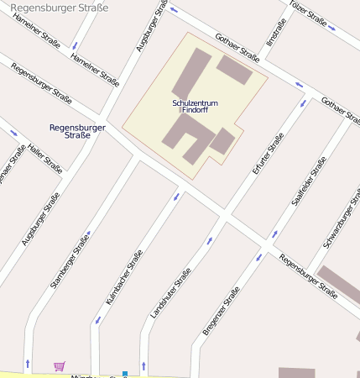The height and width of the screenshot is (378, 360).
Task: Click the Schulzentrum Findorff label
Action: click(195, 106)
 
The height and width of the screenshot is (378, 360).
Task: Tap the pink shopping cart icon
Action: click(59, 366)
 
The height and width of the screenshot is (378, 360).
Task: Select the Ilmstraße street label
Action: click(274, 33)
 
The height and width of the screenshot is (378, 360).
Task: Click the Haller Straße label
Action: click(45, 157)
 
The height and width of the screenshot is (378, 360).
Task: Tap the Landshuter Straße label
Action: click(170, 291)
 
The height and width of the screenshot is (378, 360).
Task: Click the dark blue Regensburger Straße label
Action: click(77, 131)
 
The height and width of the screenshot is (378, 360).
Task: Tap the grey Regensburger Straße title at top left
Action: click(58, 8)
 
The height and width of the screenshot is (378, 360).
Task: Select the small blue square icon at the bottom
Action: click(125, 374)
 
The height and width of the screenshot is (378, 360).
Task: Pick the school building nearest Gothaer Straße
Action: click(234, 70)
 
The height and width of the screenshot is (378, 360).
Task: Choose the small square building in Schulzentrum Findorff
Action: click(222, 141)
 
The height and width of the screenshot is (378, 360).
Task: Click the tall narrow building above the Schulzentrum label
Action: click(191, 74)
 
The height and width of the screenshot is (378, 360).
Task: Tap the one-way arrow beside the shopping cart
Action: click(29, 364)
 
